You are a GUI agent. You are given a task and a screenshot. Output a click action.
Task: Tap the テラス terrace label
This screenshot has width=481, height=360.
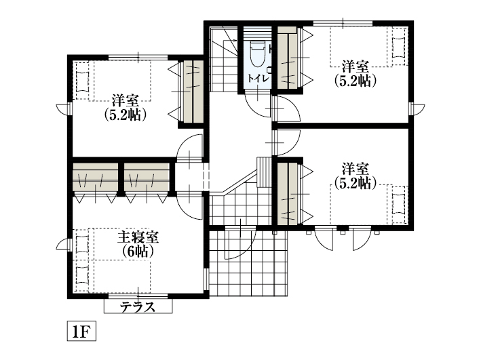click(x=138, y=306)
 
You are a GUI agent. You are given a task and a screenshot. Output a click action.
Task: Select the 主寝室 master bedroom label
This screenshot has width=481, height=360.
click(x=138, y=237)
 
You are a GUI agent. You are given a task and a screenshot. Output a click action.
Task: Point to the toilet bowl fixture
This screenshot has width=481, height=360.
click(x=257, y=54)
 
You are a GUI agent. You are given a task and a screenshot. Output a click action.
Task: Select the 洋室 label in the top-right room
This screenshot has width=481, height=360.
click(x=355, y=66)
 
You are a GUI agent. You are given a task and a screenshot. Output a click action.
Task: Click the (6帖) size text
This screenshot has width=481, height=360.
click(x=138, y=251)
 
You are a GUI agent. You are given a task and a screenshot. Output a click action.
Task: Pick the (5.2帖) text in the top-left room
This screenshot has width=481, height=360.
click(x=126, y=115)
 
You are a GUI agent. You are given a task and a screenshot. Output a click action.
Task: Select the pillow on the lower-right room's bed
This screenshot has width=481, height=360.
click(x=398, y=201)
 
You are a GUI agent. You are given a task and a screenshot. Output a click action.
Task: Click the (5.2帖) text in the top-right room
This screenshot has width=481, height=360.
click(x=355, y=80)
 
